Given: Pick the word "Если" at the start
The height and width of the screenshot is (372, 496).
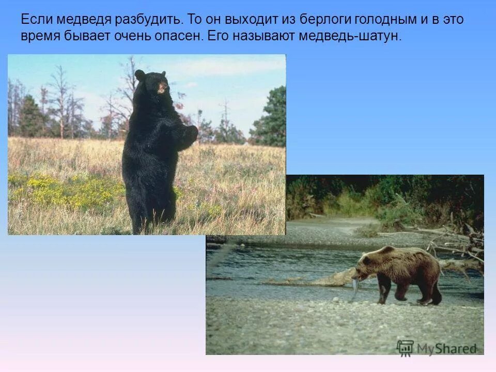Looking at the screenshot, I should pyautogui.click(x=36, y=20).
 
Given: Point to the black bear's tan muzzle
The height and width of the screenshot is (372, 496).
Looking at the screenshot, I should pyautogui.click(x=163, y=88).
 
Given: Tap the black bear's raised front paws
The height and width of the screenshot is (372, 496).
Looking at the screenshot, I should pyautogui.click(x=190, y=133).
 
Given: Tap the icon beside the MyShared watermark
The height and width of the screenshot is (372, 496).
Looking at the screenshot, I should pyautogui.click(x=405, y=348).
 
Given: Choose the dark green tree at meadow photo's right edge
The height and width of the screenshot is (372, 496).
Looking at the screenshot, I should pyautogui.click(x=271, y=119).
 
